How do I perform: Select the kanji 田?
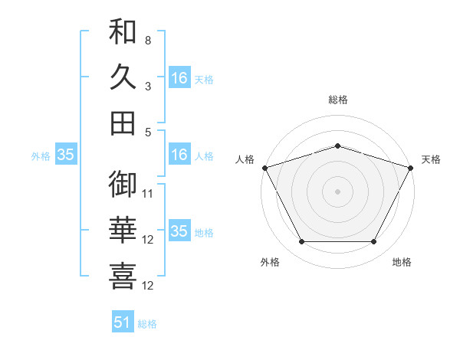123,123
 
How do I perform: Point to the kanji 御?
123,184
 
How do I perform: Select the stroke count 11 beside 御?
148,193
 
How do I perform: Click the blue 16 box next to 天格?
179,78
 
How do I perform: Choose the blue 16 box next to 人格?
179,155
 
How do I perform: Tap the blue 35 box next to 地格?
179,232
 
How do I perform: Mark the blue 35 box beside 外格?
66,155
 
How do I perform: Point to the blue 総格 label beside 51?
147,324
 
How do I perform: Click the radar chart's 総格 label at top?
337,100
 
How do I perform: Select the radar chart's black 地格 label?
402,262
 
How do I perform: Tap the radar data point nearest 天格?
412,167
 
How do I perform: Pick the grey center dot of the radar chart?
337,191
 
